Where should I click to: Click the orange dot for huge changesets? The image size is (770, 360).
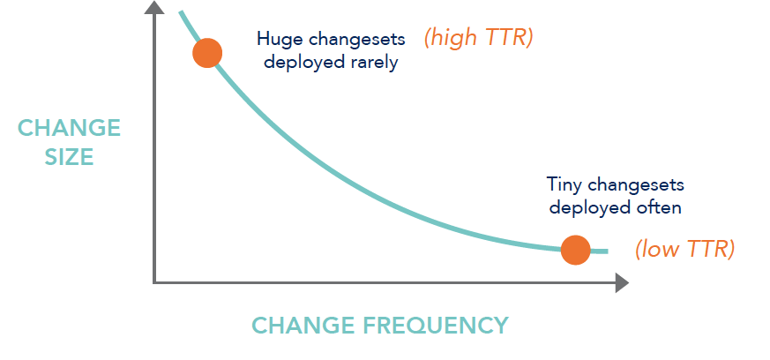(207, 53)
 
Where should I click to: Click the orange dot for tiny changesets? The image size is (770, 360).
(575, 250)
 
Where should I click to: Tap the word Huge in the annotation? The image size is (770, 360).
(276, 39)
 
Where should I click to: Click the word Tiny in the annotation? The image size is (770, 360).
(564, 185)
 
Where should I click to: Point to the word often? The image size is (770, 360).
(659, 207)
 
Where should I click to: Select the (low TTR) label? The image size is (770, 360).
(684, 249)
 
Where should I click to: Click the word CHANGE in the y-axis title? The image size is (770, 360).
(69, 128)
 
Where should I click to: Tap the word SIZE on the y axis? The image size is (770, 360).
(69, 157)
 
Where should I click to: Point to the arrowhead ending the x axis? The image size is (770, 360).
(622, 282)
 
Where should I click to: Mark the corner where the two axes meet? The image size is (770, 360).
(154, 282)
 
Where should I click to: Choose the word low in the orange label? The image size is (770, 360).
(661, 249)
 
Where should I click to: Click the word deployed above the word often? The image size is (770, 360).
(584, 207)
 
